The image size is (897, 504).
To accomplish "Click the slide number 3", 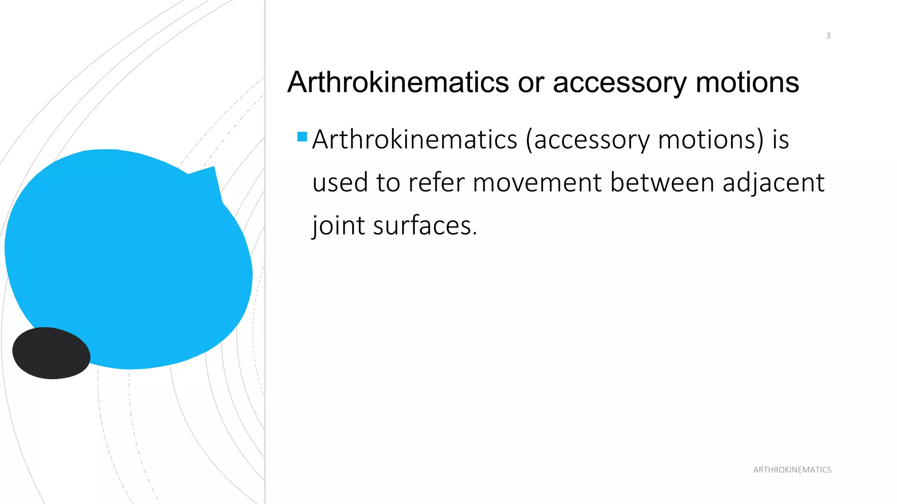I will (x=828, y=36).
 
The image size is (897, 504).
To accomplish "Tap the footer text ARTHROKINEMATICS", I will (x=792, y=470).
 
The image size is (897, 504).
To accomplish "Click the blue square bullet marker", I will (x=302, y=136).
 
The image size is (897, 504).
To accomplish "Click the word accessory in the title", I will (x=619, y=82).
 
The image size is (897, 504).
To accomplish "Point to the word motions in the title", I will (x=747, y=82).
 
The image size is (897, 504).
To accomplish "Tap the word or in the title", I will (x=531, y=82).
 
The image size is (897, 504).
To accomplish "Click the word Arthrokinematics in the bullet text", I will (x=414, y=140).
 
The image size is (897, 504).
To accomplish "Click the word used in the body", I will (x=340, y=182).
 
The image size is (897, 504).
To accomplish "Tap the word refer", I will (x=436, y=182).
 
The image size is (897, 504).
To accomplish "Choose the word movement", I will (x=537, y=182).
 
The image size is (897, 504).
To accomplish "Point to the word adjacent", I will (x=773, y=183).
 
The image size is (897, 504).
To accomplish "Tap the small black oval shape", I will (x=51, y=353).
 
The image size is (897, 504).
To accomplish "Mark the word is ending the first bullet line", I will (x=780, y=140).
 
